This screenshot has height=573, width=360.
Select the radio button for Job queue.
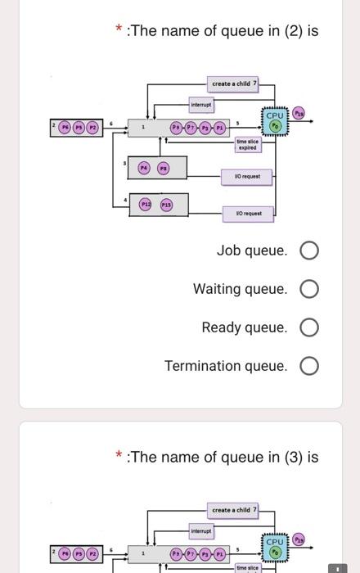[x=309, y=250]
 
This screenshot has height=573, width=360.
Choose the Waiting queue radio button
[x=309, y=289]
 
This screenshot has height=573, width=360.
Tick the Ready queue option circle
[x=309, y=327]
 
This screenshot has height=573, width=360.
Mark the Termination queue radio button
[x=309, y=366]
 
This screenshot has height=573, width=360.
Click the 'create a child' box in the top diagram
[x=234, y=83]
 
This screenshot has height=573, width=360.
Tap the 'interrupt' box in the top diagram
[x=201, y=105]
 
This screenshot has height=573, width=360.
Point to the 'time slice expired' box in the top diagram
[x=247, y=145]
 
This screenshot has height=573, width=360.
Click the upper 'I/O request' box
[x=248, y=176]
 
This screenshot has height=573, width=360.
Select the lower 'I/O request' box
[x=248, y=213]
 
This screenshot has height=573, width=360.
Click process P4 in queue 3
[x=144, y=167]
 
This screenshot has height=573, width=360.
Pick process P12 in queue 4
[x=146, y=204]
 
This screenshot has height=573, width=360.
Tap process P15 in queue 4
[x=166, y=204]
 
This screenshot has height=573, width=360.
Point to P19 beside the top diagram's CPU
[x=299, y=113]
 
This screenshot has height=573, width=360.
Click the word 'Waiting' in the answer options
[x=217, y=289]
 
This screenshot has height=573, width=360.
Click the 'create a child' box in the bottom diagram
[x=234, y=510]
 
